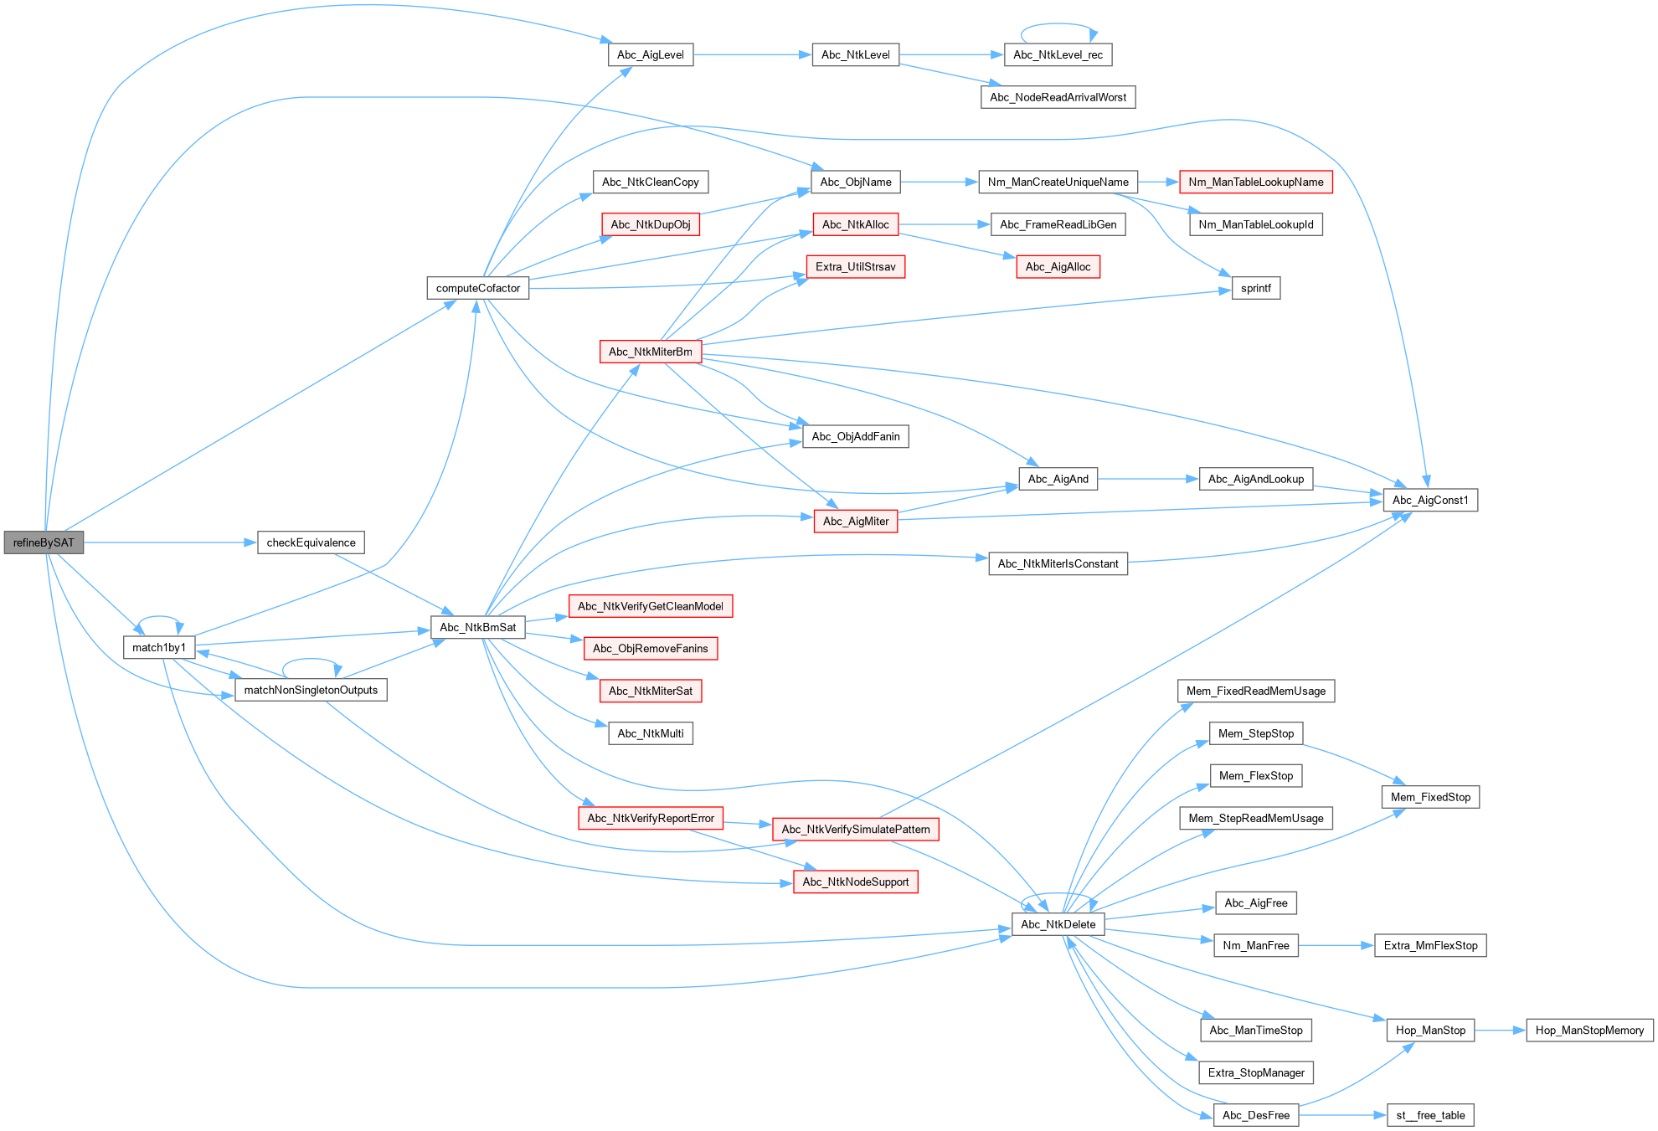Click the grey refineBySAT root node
44,542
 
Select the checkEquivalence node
311,542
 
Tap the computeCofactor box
477,288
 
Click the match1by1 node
159,647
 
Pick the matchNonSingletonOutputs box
311,690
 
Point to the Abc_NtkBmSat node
477,627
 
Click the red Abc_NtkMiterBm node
650,352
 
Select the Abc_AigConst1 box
1430,500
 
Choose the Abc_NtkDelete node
1058,924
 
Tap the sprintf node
1255,288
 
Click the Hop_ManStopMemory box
1589,1030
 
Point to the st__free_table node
1430,1115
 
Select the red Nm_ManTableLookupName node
1255,182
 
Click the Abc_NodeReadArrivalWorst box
1058,97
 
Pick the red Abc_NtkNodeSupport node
855,882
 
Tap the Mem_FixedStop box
1430,797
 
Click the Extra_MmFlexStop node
1430,945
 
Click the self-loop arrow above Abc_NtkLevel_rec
1058,25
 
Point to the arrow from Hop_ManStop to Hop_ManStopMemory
1501,1031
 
